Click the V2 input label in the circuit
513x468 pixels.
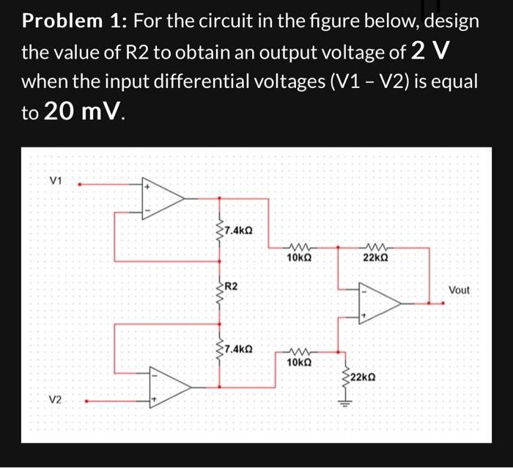click(56, 400)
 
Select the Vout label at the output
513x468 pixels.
click(459, 290)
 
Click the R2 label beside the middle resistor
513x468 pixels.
click(232, 285)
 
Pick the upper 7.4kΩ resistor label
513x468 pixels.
click(238, 230)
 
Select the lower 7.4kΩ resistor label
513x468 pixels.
click(238, 349)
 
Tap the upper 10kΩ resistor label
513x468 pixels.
click(299, 258)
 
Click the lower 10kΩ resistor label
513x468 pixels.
click(299, 362)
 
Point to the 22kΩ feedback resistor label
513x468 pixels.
click(374, 258)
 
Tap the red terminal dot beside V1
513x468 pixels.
click(80, 185)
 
